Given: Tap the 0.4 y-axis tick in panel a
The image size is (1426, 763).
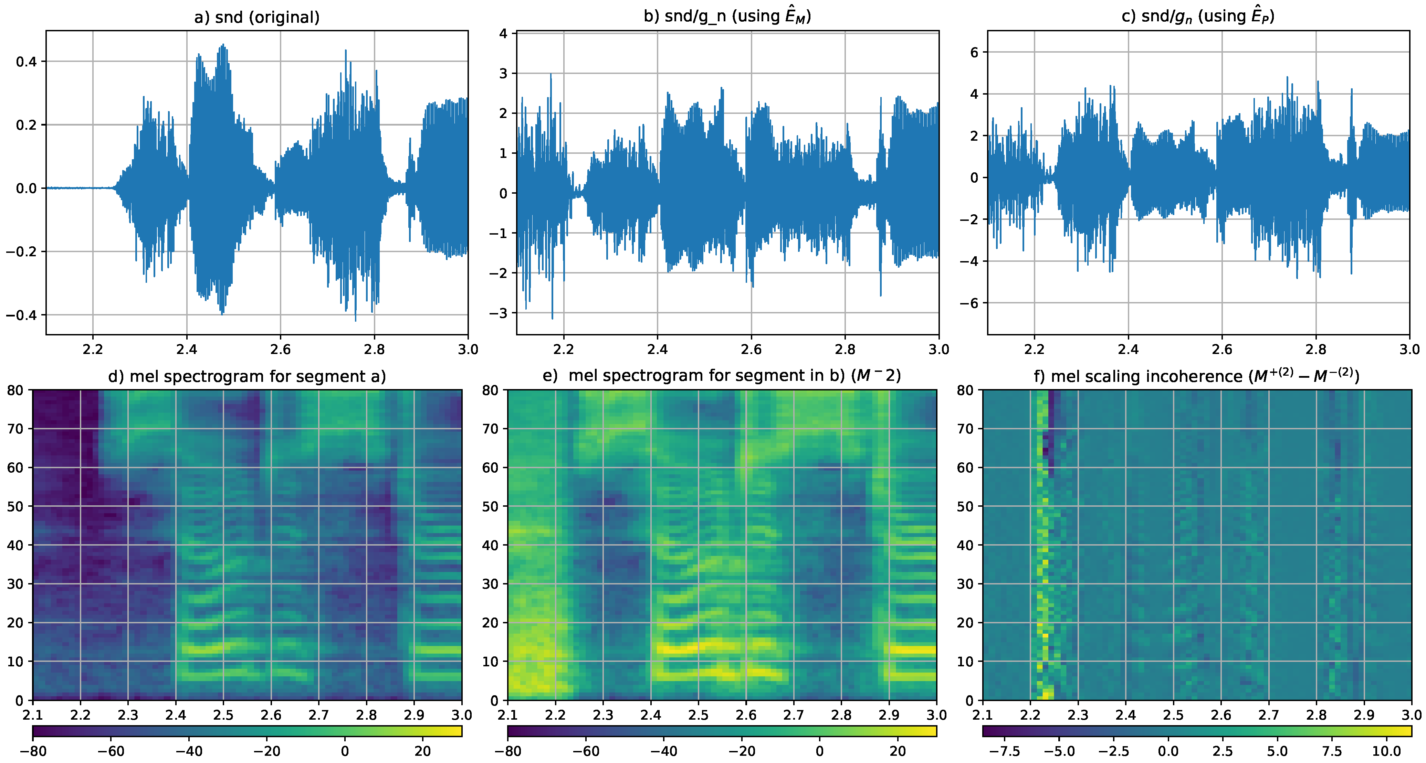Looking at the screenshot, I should coord(26,62).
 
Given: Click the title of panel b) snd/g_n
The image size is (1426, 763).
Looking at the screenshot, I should coord(727,16).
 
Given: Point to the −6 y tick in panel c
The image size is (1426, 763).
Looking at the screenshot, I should coord(969,303).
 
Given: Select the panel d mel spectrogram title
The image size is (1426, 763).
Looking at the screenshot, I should coord(247,376).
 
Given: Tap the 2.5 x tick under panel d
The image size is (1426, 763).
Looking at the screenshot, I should coord(223,715).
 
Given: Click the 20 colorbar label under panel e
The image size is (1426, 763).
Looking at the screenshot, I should coord(897,751).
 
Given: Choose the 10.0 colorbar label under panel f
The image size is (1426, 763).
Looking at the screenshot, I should coord(1386,751).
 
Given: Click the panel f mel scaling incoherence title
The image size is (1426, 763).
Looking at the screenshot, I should coord(1197,376).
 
